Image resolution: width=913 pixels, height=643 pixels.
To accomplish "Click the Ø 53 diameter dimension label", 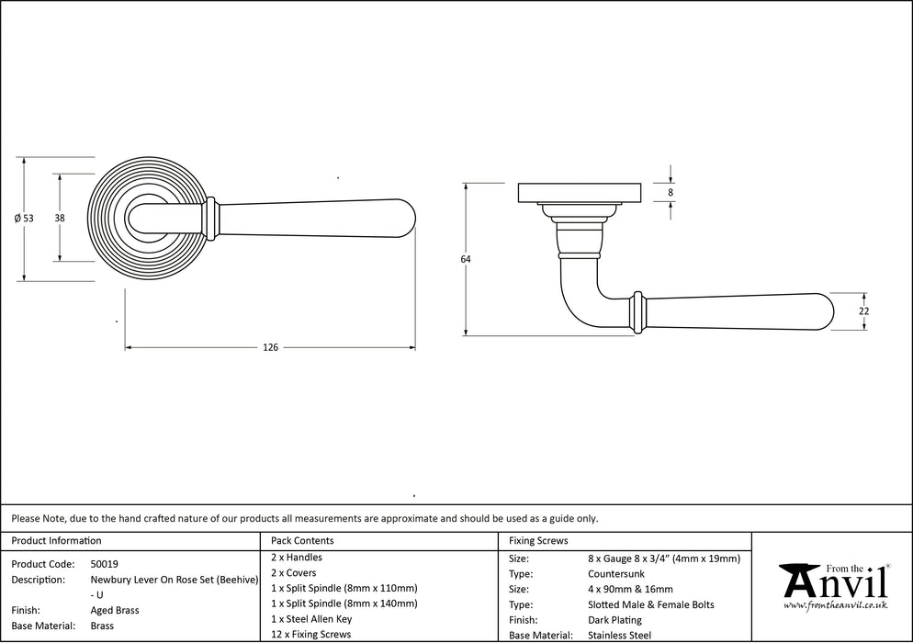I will pyautogui.click(x=24, y=219).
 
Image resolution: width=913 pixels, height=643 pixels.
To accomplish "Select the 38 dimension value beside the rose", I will pyautogui.click(x=60, y=218).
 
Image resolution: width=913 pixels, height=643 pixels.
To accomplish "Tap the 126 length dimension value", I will pyautogui.click(x=270, y=348).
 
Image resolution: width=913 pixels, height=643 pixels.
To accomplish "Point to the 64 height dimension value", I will pyautogui.click(x=466, y=260).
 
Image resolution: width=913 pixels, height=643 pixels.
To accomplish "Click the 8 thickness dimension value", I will pyautogui.click(x=671, y=193).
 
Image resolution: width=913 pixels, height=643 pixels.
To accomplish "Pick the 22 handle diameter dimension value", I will pyautogui.click(x=863, y=311).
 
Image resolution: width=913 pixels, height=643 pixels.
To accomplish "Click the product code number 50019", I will pyautogui.click(x=105, y=564).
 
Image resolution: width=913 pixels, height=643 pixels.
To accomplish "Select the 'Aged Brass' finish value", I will pyautogui.click(x=116, y=610).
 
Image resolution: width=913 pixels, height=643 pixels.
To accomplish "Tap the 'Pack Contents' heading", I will pyautogui.click(x=302, y=541).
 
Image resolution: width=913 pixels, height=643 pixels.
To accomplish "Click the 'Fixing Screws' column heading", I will pyautogui.click(x=538, y=541).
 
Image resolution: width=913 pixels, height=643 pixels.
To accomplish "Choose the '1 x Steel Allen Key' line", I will pyautogui.click(x=311, y=619).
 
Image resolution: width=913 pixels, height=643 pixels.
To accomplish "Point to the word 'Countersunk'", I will pyautogui.click(x=615, y=573).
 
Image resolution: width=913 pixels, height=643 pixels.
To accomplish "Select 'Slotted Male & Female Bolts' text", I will pyautogui.click(x=650, y=604).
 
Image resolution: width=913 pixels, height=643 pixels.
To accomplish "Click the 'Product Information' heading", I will pyautogui.click(x=56, y=541).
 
